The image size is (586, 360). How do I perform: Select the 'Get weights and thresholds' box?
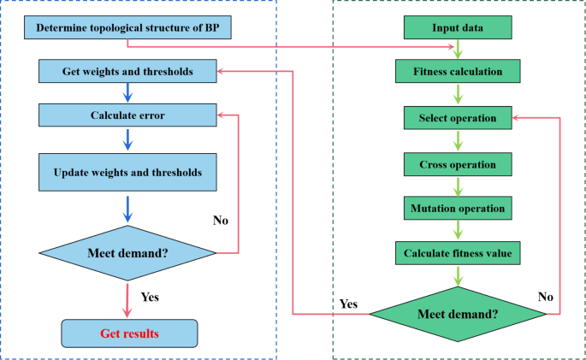(x=127, y=70)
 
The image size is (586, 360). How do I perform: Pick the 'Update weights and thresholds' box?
(x=127, y=172)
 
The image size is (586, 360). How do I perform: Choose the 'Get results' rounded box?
(x=128, y=332)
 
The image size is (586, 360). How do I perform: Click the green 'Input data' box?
(x=457, y=28)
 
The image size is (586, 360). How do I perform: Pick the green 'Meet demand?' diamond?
(x=457, y=314)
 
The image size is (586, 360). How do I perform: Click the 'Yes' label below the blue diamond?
(x=149, y=298)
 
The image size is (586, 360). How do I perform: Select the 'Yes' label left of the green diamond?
(x=348, y=304)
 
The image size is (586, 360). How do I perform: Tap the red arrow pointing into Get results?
(x=127, y=300)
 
